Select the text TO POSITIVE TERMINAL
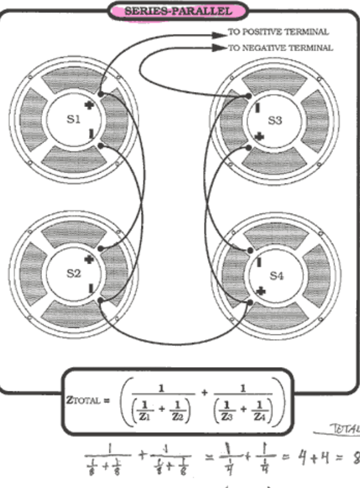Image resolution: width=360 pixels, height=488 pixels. tap(278, 32)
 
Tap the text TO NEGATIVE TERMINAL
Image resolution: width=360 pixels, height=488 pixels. tap(280, 48)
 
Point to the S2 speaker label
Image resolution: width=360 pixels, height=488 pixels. tap(73, 273)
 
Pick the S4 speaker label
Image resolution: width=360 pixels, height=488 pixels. tap(277, 276)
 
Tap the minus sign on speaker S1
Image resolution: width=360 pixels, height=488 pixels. tap(91, 134)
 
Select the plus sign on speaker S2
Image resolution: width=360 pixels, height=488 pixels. tap(89, 260)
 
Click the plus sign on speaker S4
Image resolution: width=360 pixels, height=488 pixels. tap(261, 291)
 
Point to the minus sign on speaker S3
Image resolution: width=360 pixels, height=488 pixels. tap(258, 107)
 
